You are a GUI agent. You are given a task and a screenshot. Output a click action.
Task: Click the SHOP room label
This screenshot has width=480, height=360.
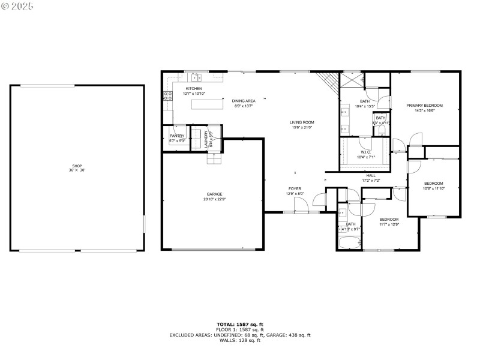coord(77,166)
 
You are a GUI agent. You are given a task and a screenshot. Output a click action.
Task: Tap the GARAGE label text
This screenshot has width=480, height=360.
coord(215,194)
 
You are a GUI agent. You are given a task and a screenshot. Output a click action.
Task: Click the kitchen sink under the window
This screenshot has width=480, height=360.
coord(197,77)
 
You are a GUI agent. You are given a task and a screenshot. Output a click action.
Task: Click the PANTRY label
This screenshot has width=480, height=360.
coord(177,136)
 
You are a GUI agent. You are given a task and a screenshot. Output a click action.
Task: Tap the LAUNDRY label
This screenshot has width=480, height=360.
coord(206,139)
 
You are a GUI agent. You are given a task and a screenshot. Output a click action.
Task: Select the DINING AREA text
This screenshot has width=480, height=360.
coord(244,101)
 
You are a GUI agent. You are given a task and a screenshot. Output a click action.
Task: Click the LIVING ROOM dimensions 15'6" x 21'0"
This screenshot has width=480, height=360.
coord(303,127)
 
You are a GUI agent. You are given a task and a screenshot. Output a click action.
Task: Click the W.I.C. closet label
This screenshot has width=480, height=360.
coord(365,152)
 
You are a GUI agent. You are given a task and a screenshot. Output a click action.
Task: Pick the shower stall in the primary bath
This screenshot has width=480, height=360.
coord(353,80)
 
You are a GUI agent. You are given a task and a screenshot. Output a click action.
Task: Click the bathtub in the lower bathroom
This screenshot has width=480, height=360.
coord(350,243)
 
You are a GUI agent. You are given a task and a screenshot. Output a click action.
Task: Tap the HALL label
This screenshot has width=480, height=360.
coord(371,175)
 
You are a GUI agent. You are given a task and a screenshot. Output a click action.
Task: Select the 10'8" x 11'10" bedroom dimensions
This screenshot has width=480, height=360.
coord(434,188)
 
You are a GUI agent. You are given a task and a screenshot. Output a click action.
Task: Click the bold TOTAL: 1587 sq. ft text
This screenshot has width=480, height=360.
coord(239,324)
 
